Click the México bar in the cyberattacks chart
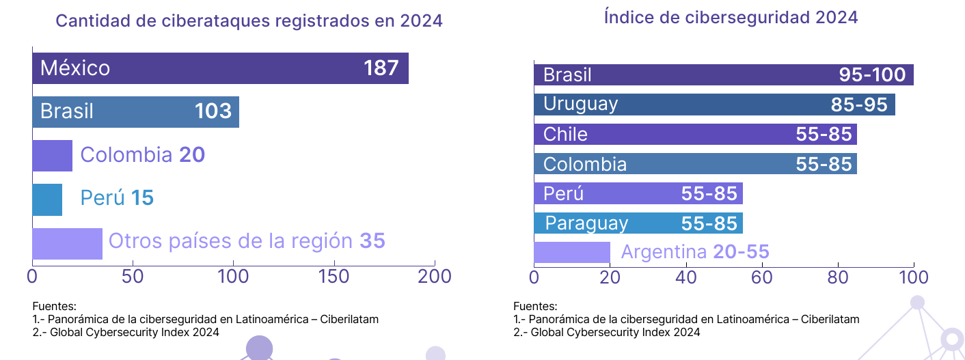click(220, 68)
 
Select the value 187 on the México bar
click(381, 68)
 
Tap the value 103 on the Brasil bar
click(213, 111)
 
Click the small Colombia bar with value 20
click(52, 155)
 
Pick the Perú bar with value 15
click(47, 199)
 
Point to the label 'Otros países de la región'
click(230, 241)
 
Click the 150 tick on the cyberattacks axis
click(334, 277)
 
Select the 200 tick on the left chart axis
click(435, 277)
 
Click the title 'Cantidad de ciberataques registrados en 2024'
click(249, 21)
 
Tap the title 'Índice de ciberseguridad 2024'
click(731, 18)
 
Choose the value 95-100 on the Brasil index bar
click(872, 75)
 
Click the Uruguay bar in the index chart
click(714, 105)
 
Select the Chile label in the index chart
click(565, 134)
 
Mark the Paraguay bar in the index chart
click(638, 223)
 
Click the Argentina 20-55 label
click(694, 252)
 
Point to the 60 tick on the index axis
click(761, 277)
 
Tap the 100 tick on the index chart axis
click(913, 277)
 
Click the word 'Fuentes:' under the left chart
click(54, 306)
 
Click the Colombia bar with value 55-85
click(695, 164)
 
